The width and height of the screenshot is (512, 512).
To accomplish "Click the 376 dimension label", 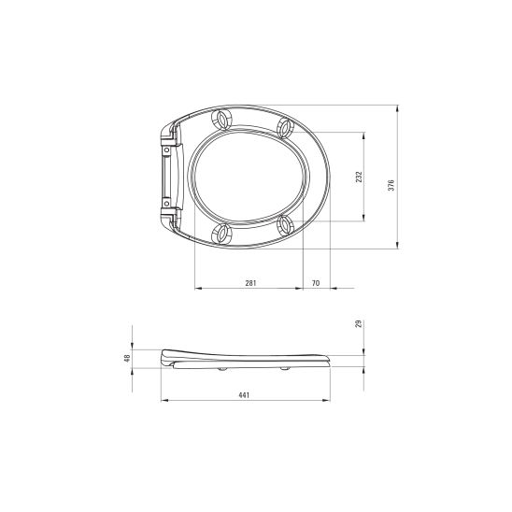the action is pyautogui.click(x=391, y=185).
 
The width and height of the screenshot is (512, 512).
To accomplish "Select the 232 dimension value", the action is pyautogui.click(x=359, y=177).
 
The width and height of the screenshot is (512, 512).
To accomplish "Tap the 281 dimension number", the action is pyautogui.click(x=250, y=283).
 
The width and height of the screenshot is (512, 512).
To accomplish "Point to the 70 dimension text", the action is pyautogui.click(x=316, y=283).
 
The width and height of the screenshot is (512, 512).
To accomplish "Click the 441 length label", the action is pyautogui.click(x=244, y=395).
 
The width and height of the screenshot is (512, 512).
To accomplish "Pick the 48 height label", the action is pyautogui.click(x=127, y=358).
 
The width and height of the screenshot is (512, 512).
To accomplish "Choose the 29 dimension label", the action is pyautogui.click(x=359, y=323).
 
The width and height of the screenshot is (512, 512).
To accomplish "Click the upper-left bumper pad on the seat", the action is pyautogui.click(x=222, y=120).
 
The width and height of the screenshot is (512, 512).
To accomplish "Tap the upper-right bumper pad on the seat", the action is pyautogui.click(x=285, y=128).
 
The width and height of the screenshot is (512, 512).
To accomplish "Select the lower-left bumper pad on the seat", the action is pyautogui.click(x=222, y=234).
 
